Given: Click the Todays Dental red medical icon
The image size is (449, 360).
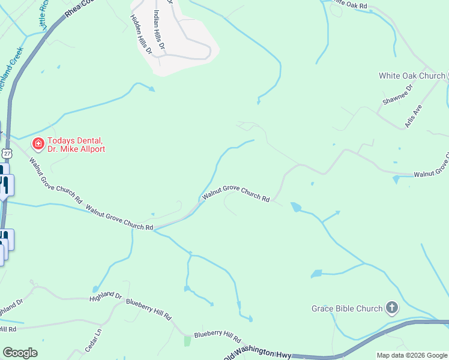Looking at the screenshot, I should coord(37,143).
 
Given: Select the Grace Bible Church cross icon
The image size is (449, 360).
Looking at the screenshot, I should coord(391,308).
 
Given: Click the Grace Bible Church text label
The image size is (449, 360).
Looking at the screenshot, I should coord(347,308).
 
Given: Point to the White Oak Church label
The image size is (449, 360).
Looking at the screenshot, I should coord(412,76).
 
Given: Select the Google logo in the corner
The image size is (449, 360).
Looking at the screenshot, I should coord(20,353).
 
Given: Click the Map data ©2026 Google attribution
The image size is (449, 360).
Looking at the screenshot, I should coord(411,355).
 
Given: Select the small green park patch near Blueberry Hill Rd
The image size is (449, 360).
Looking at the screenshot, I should coord(187,341).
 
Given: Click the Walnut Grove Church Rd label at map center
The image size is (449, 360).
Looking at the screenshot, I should coord(235,193).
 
